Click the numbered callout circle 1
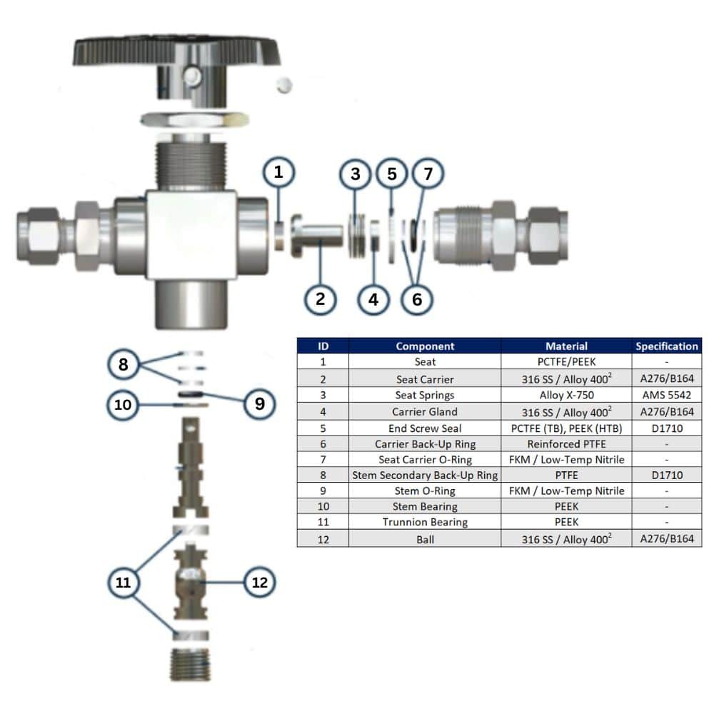pos(278,173)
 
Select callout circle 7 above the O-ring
pos(428,174)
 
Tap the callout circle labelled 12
pos(260,582)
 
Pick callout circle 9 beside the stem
pos(260,403)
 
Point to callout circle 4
pos(373,300)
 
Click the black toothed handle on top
pos(176,50)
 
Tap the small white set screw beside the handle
pos(284,85)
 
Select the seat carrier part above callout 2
pos(317,236)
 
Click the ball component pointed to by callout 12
pos(191,580)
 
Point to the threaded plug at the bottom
pos(191,665)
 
